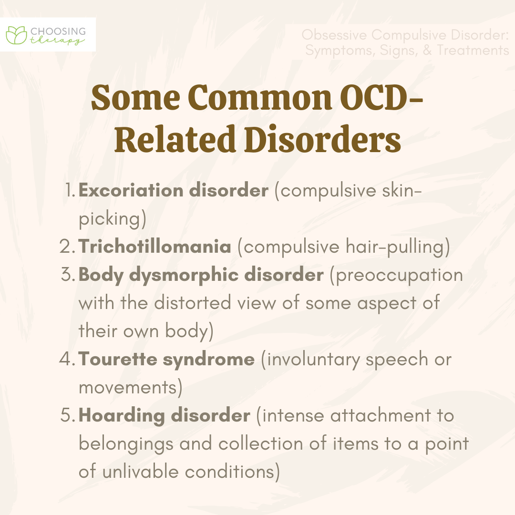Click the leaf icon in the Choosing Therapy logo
pyautogui.click(x=16, y=35)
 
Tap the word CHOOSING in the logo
pyautogui.click(x=58, y=31)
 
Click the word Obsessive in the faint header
pyautogui.click(x=334, y=35)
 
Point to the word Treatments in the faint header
pyautogui.click(x=473, y=50)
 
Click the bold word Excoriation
pyautogui.click(x=131, y=190)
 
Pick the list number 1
pyautogui.click(x=70, y=190)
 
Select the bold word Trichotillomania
pyautogui.click(x=154, y=247)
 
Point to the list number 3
pyautogui.click(x=68, y=275)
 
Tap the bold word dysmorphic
pyautogui.click(x=184, y=275)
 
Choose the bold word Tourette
pyautogui.click(x=118, y=359)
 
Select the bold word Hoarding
pyautogui.click(x=122, y=416)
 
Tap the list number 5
pyautogui.click(x=68, y=415)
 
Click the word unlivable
pyautogui.click(x=141, y=472)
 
